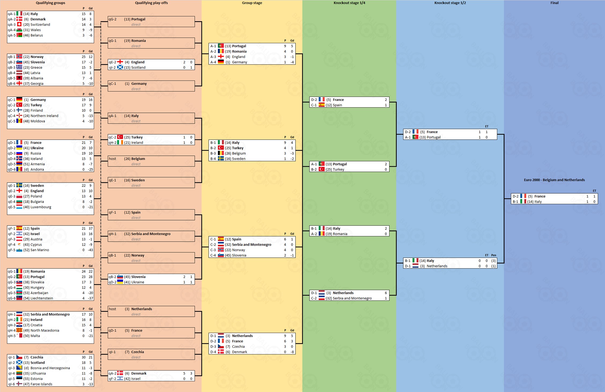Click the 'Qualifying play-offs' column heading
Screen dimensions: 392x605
pyautogui.click(x=151, y=3)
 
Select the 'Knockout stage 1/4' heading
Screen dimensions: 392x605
pyautogui.click(x=349, y=3)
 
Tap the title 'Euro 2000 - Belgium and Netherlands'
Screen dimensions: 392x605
pyautogui.click(x=554, y=180)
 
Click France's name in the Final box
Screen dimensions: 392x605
pyautogui.click(x=540, y=196)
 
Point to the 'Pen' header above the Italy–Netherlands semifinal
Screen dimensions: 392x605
pyautogui.click(x=493, y=255)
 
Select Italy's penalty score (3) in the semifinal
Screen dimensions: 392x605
pyautogui.click(x=493, y=261)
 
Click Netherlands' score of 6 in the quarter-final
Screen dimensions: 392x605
pyautogui.click(x=386, y=293)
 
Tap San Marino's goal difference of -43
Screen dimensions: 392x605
pyautogui.click(x=90, y=250)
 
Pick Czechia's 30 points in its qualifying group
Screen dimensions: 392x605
pyautogui.click(x=84, y=357)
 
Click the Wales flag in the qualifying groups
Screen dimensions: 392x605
pyautogui.click(x=19, y=30)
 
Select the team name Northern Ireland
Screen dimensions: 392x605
pyautogui.click(x=44, y=116)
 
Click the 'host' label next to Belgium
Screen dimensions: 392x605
pyautogui.click(x=112, y=159)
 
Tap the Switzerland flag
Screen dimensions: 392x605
pyautogui.click(x=19, y=24)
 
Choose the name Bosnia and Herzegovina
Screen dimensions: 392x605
pyautogui.click(x=50, y=368)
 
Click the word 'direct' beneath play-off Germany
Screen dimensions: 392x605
pyautogui.click(x=136, y=89)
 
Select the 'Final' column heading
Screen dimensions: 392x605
pyautogui.click(x=554, y=3)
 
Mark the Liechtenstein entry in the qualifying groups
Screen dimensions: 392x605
pyautogui.click(x=42, y=298)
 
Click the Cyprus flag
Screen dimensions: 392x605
pyautogui.click(x=19, y=245)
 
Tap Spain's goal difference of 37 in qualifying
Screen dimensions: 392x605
pyautogui.click(x=90, y=228)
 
